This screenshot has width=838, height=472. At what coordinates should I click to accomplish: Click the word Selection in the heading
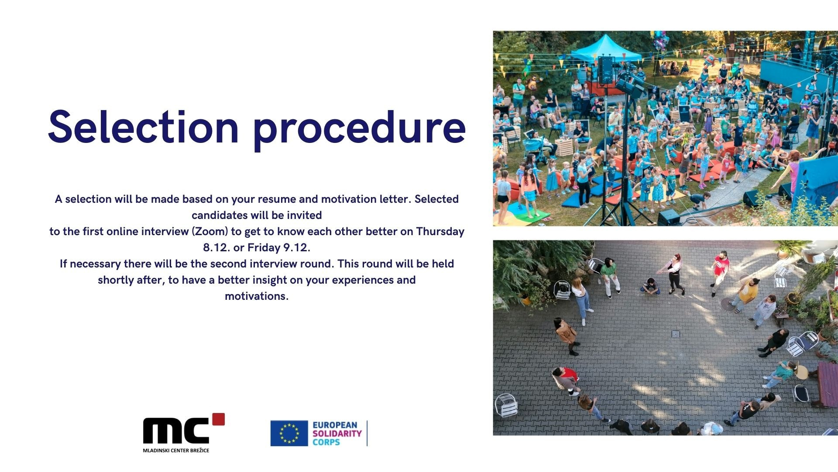(144, 127)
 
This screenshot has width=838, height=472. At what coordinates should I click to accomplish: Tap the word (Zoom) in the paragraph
(210, 232)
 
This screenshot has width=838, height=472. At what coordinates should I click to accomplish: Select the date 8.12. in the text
(216, 248)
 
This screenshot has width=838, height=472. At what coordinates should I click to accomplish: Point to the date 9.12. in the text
(297, 248)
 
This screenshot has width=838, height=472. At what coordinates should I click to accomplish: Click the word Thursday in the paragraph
(440, 232)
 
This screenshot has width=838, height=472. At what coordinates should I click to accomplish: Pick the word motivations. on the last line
(257, 296)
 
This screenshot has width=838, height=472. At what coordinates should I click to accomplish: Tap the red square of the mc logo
(218, 419)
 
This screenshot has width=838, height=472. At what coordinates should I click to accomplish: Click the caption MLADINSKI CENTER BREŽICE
(176, 450)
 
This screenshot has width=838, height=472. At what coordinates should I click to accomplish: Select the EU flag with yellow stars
(289, 433)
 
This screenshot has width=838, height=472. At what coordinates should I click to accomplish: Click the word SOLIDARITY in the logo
(337, 434)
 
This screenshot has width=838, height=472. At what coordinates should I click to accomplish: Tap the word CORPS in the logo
(326, 442)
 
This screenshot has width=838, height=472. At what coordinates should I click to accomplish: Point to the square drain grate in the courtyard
(675, 334)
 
